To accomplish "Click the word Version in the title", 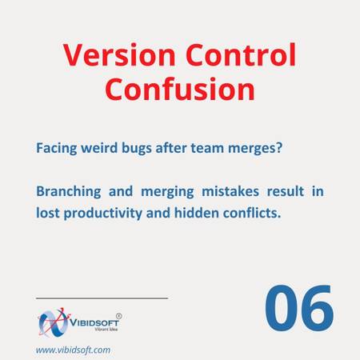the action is click(119, 55).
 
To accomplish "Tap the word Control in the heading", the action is click(241, 54).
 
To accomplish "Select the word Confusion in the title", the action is click(180, 89).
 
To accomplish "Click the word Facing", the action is click(57, 148).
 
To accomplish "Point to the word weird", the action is click(99, 147).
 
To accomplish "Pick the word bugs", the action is click(137, 148).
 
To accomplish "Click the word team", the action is click(207, 148).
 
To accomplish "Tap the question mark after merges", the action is click(279, 147).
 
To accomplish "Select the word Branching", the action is click(69, 192).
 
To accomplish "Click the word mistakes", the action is click(230, 191).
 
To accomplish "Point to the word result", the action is click(286, 191).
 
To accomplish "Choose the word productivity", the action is click(103, 214).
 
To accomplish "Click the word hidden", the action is click(197, 213).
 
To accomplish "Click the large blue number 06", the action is click(299, 308).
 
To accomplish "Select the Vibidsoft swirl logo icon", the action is click(54, 322).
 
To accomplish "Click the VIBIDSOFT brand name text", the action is click(94, 322).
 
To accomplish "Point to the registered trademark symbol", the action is click(119, 316).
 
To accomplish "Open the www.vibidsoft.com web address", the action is click(73, 350).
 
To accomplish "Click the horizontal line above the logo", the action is click(102, 298).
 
